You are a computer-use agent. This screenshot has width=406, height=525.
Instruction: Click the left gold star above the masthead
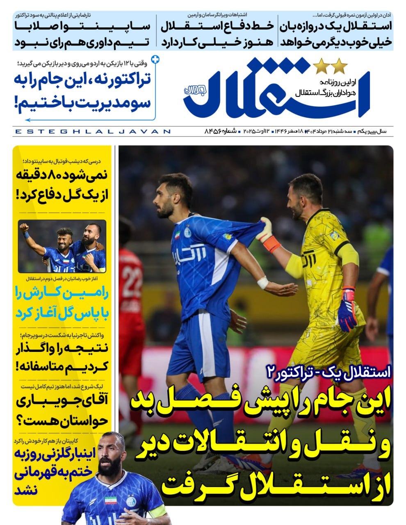320,65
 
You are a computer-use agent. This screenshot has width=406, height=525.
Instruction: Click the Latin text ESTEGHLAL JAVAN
92,132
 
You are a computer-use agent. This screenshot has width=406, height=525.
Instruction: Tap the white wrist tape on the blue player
262,282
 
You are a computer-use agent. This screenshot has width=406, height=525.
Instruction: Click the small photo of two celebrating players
62,247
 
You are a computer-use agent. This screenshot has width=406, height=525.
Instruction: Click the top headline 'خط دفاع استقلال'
217,26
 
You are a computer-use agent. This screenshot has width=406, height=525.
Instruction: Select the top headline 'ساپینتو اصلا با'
82,26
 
